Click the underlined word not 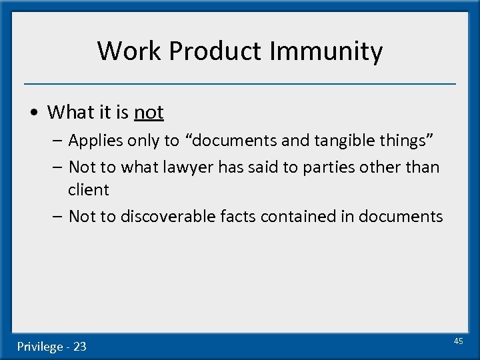[149, 112]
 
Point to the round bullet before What [35, 113]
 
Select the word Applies [92, 141]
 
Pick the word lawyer [180, 167]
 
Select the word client [88, 189]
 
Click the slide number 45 [458, 341]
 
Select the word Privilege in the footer [41, 347]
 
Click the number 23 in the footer [79, 347]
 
